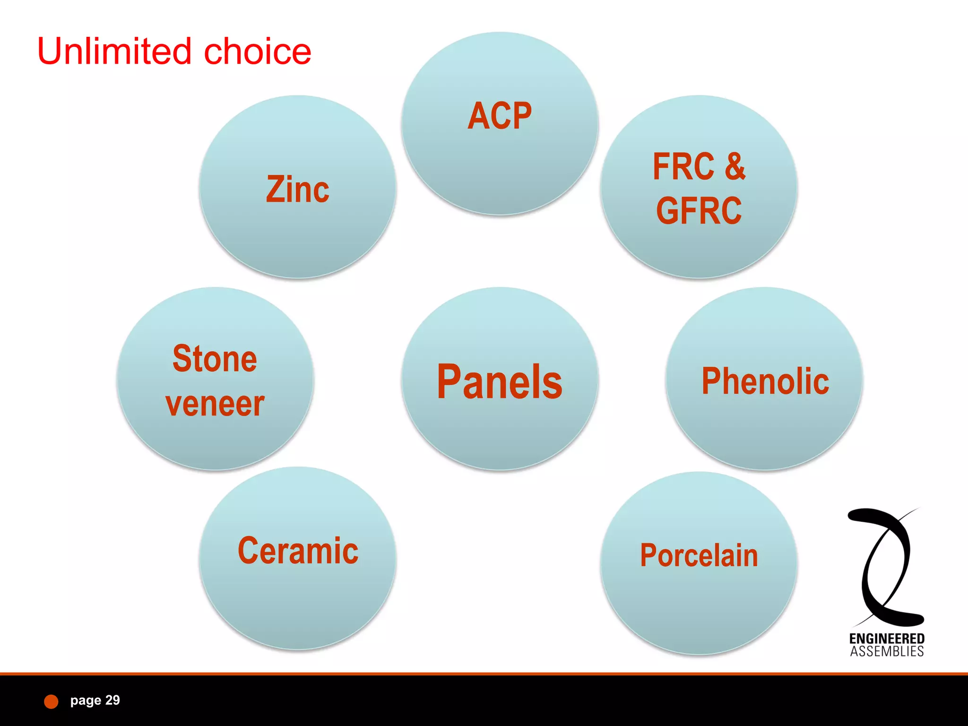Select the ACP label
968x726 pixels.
(x=500, y=116)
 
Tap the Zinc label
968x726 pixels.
(x=298, y=190)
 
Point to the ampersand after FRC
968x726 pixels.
(x=735, y=166)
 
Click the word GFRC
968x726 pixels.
(x=699, y=211)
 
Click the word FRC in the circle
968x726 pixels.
(x=683, y=166)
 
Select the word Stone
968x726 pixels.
(x=215, y=359)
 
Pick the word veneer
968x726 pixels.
(x=215, y=404)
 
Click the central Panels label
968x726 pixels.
(x=500, y=382)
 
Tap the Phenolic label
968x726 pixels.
(x=765, y=381)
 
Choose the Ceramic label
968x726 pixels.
(x=298, y=551)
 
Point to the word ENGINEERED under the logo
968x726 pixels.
(x=887, y=639)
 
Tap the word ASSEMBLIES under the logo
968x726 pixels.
(x=887, y=652)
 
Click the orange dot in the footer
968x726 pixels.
(x=51, y=701)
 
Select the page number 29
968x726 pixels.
(x=112, y=700)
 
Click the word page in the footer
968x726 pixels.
(x=86, y=700)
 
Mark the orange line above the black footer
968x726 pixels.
(x=484, y=674)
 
